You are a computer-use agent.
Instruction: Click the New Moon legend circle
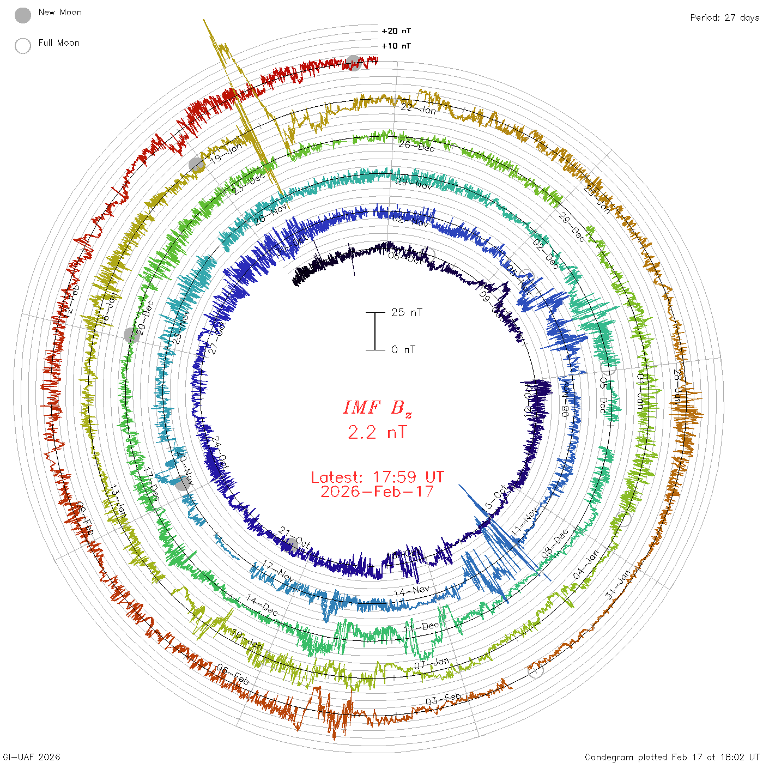(23, 15)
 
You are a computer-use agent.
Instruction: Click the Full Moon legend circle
(23, 46)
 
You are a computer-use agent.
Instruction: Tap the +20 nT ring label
(396, 31)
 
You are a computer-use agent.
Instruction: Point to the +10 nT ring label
(396, 46)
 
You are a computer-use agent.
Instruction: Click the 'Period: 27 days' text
(724, 17)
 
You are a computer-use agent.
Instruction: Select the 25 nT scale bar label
(407, 312)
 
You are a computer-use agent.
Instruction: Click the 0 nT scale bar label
(403, 349)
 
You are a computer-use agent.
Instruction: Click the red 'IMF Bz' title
(377, 408)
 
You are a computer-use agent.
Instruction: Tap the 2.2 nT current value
(377, 432)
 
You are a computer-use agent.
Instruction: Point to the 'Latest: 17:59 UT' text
(377, 477)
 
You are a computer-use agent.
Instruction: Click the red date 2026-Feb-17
(377, 492)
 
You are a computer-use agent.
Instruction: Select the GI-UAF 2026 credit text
(32, 756)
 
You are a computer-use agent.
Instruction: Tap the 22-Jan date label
(419, 108)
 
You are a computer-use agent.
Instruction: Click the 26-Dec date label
(416, 146)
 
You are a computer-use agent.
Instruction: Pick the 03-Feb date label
(443, 699)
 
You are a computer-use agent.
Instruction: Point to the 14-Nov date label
(411, 590)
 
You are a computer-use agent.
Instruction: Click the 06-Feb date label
(233, 675)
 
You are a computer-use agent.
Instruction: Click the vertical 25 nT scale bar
(375, 331)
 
